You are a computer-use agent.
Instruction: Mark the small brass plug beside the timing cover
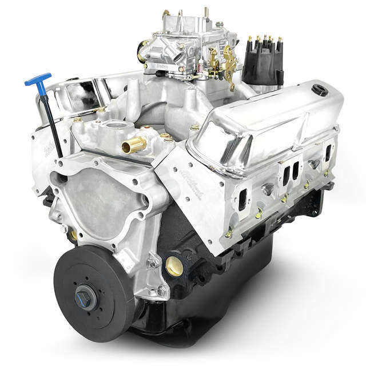[73, 234]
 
